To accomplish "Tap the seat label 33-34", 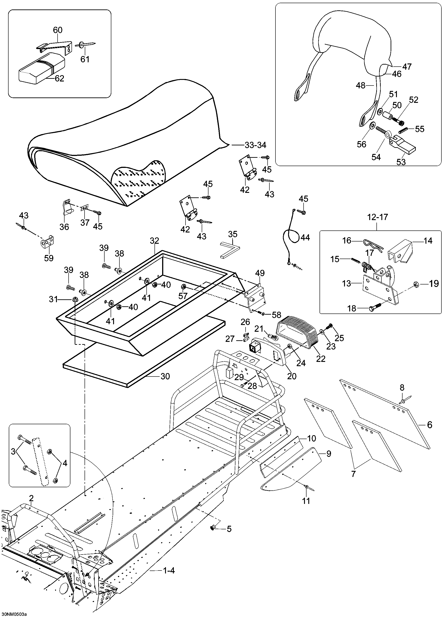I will tap(255, 145).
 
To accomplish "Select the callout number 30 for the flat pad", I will tap(165, 376).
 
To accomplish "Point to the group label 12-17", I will tap(377, 217).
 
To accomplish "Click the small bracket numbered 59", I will tap(48, 242).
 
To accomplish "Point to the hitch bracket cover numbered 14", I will tap(401, 250).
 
